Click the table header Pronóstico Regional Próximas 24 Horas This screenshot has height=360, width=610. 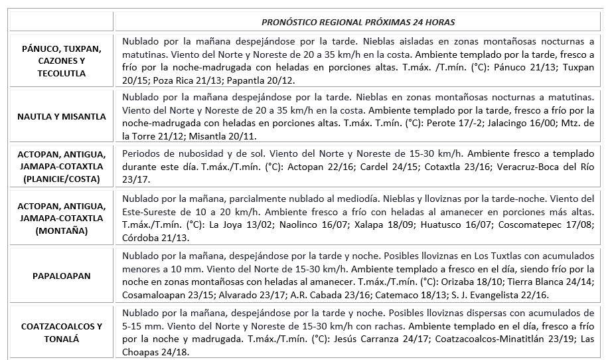[358, 22]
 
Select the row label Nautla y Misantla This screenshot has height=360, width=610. [61, 116]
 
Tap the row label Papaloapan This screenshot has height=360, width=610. [61, 274]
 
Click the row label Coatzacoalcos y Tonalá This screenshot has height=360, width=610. [61, 332]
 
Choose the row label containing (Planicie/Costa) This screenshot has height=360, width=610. [61, 164]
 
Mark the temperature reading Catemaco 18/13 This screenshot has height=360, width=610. [455, 294]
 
